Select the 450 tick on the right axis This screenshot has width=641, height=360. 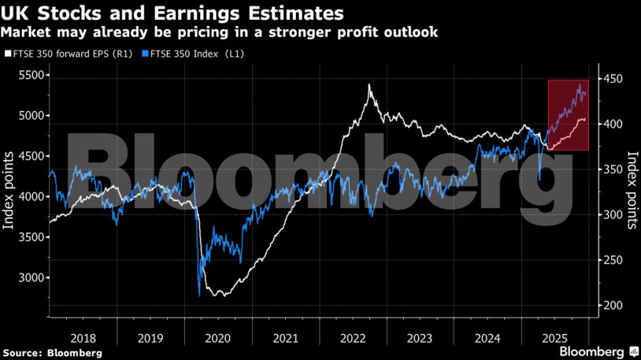[612, 79]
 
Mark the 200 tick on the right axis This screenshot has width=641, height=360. [612, 306]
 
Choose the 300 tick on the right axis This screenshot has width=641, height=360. [612, 215]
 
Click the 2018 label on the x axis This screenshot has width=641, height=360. [83, 337]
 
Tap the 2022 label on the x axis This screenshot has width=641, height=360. [353, 337]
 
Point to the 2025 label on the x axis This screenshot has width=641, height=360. [555, 337]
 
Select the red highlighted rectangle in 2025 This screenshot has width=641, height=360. [569, 115]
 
